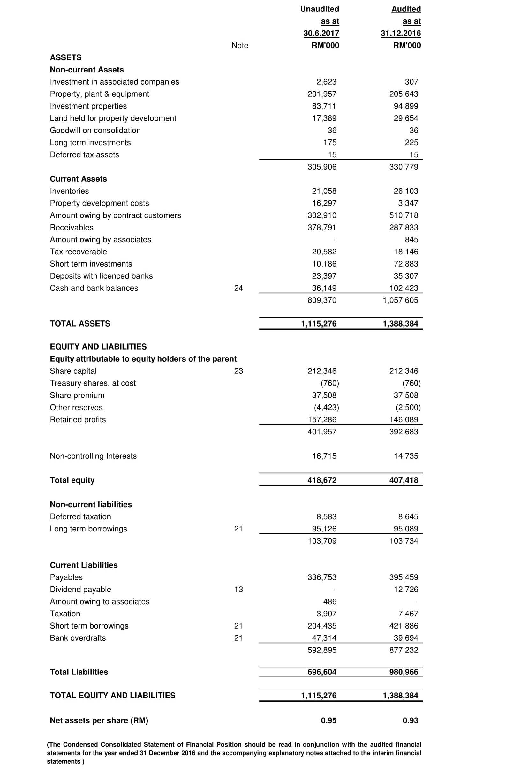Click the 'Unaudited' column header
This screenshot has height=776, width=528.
coord(319,9)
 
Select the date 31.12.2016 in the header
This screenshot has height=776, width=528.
coord(400,34)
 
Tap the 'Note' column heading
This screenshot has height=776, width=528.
coord(239,45)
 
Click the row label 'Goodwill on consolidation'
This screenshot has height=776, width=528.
coord(95,130)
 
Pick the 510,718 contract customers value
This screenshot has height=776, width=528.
coord(404,215)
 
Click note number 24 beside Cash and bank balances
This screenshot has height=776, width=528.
coord(238,288)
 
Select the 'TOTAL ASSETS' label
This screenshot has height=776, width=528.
coord(80,324)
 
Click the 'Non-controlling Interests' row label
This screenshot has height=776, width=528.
coord(93,456)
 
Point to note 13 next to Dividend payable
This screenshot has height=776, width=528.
coord(238,589)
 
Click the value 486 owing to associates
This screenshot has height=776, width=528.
coord(330,601)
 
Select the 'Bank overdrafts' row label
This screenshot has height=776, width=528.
coord(78,638)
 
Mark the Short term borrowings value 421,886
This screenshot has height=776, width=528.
coord(404,626)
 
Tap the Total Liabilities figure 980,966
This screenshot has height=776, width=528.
coord(404,672)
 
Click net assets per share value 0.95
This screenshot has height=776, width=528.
coord(328,720)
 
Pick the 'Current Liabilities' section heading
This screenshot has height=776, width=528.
coord(84,565)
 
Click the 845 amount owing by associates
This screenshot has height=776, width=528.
coord(411,239)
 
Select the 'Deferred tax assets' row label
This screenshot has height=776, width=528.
coord(85,154)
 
